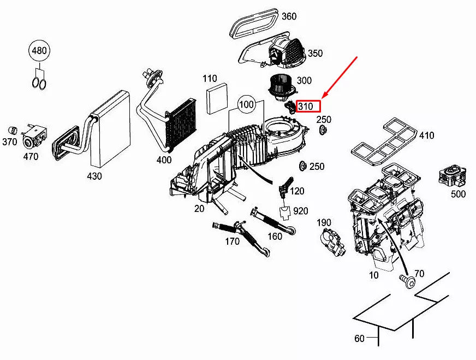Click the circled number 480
[x=39, y=50]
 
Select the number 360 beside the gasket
[x=289, y=16]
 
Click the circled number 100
[x=246, y=104]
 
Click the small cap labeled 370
[x=13, y=129]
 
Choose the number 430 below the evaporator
[x=94, y=176]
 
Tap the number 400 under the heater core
[x=164, y=160]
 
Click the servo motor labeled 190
[x=333, y=241]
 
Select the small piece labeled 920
[x=285, y=213]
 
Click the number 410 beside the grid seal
[x=426, y=135]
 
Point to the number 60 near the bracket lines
[x=359, y=338]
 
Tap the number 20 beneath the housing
[x=199, y=209]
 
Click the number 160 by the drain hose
[x=275, y=236]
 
